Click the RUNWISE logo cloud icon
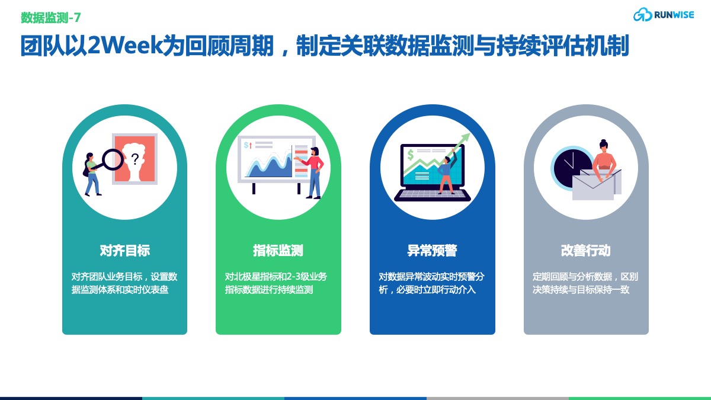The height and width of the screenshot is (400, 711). [x=642, y=15]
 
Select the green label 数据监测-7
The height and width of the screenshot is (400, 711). [x=51, y=17]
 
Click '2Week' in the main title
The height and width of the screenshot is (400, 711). [x=125, y=46]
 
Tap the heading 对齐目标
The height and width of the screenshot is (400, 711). [x=125, y=251]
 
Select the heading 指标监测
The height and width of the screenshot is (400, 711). [x=278, y=251]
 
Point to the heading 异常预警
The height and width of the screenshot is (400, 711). [x=433, y=251]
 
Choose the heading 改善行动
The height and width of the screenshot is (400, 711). [x=586, y=251]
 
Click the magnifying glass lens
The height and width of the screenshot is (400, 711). [x=113, y=159]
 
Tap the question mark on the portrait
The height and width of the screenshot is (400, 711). [x=135, y=159]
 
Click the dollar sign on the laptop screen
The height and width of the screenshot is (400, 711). [x=411, y=155]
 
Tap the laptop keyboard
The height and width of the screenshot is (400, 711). [x=433, y=194]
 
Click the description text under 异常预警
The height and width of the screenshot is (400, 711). [x=431, y=283]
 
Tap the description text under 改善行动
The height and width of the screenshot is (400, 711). [x=585, y=283]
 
